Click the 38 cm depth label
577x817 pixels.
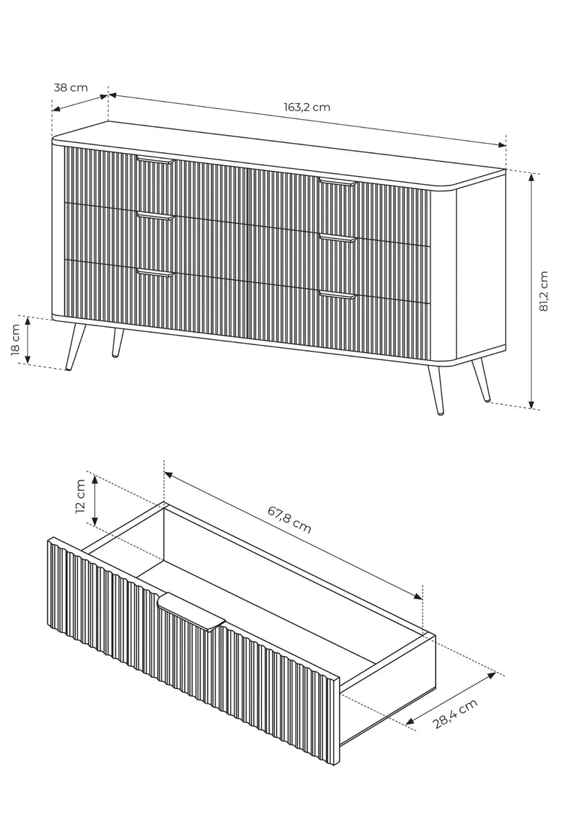coord(71,87)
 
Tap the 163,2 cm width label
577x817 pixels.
coord(307,108)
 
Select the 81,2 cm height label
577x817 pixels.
coord(544,292)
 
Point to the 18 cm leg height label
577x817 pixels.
coord(15,340)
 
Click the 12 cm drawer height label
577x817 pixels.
coord(80,497)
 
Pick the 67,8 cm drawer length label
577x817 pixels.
coord(290,520)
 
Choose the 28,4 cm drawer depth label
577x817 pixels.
coord(455,714)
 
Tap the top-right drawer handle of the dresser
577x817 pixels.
coord(338,182)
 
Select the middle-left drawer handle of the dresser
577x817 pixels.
coord(154,216)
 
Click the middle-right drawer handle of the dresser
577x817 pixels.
coord(338,238)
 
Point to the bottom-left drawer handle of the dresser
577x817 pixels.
coord(154,273)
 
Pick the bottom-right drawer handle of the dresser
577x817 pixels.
coord(338,295)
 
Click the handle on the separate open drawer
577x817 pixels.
coord(192,612)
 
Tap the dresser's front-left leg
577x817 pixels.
coord(74,347)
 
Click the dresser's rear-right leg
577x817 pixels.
coord(480,380)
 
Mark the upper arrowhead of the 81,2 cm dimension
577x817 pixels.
coord(531,177)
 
